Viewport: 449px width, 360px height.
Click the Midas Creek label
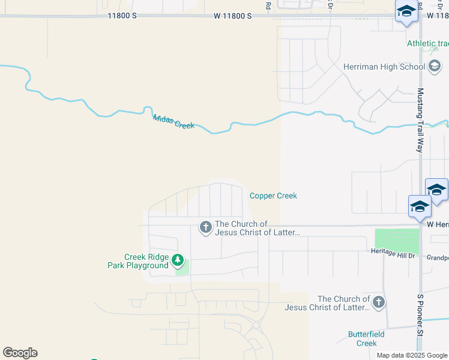(173, 122)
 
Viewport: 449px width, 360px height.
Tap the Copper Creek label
(273, 196)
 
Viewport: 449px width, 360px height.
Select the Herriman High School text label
(384, 67)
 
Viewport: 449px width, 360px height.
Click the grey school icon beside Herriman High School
(435, 66)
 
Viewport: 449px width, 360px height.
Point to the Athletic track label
(427, 43)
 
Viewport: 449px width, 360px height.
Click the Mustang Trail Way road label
(420, 120)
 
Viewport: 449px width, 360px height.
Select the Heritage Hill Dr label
(393, 256)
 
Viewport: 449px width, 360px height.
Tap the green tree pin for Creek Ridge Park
(177, 260)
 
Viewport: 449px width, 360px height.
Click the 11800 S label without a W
(122, 16)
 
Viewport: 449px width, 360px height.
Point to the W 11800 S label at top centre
(232, 16)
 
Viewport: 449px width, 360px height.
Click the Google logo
(20, 353)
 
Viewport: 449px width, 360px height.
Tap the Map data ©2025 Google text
(412, 355)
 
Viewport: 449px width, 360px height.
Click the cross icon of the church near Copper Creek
(205, 227)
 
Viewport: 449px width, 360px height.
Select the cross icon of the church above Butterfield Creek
(378, 302)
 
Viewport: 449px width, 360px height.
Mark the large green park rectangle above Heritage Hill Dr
(397, 241)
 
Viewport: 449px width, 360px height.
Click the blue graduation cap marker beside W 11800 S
(406, 11)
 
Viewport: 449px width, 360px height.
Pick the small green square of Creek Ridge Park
(184, 268)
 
